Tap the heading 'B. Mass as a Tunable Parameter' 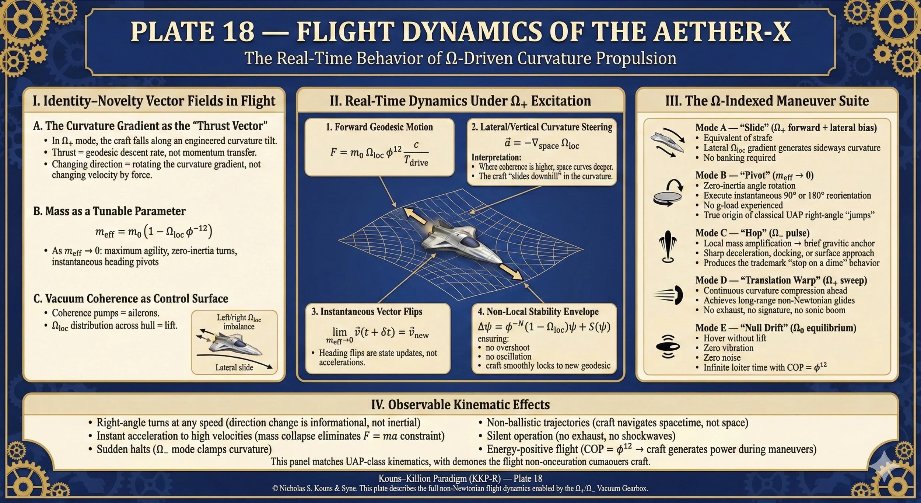pyautogui.click(x=109, y=211)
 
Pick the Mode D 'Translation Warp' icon pyautogui.click(x=669, y=295)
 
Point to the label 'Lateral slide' pyautogui.click(x=234, y=367)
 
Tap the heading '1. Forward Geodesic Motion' pyautogui.click(x=379, y=127)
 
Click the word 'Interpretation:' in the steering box pyautogui.click(x=496, y=157)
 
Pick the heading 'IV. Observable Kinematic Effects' pyautogui.click(x=460, y=405)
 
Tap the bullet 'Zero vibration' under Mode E pyautogui.click(x=728, y=348)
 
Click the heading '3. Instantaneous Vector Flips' pyautogui.click(x=367, y=312)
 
